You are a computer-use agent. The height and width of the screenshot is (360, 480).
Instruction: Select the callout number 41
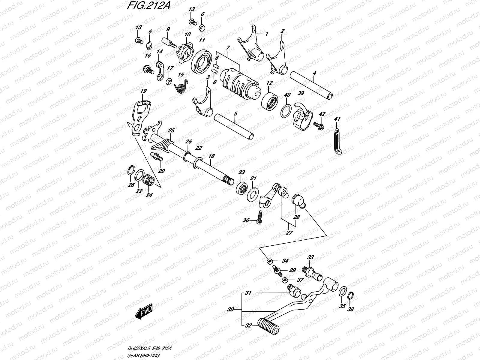(x=337, y=119)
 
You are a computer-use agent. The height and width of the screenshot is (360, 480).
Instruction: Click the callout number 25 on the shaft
(x=171, y=130)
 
